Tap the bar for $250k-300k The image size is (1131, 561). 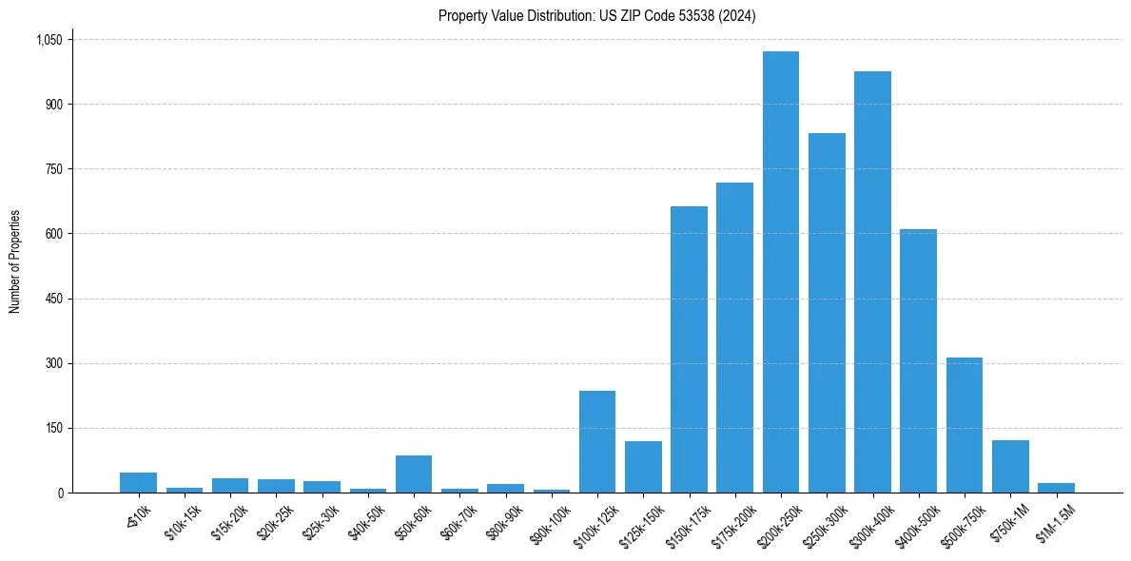point(827,313)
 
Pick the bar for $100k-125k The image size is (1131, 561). point(597,441)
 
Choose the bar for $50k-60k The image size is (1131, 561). point(414,474)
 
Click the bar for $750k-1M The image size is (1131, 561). point(1010,466)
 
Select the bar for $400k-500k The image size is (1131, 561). point(918,360)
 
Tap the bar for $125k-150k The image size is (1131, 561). point(643,467)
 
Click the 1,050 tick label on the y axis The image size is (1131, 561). point(49,40)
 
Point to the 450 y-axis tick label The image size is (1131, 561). point(54,299)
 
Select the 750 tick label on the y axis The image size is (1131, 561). point(54,169)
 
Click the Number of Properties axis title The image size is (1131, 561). point(14,261)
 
